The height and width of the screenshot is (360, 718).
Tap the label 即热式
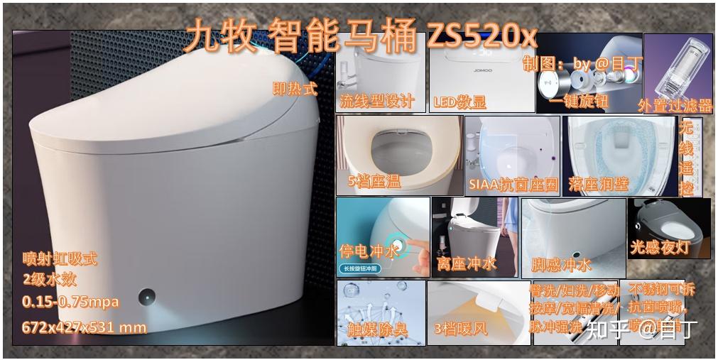click(295, 89)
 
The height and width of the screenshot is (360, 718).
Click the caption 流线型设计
click(376, 101)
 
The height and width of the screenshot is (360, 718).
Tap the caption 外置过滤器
click(675, 106)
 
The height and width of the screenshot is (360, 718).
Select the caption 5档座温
click(374, 182)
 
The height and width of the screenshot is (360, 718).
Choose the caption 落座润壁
click(599, 184)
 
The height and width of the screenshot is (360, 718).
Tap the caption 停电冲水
click(369, 251)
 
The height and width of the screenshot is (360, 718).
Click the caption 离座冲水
click(467, 263)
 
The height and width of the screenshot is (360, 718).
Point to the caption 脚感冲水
click(561, 266)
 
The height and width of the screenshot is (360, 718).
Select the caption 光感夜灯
click(660, 248)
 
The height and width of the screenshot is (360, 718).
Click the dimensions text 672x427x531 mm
click(85, 327)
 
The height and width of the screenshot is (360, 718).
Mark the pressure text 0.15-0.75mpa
click(70, 302)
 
